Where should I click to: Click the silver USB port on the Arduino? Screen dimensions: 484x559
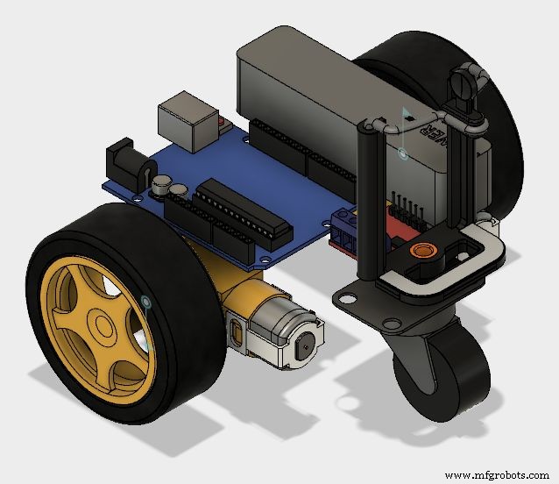point(185,122)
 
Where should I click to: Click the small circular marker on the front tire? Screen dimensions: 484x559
point(145,303)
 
